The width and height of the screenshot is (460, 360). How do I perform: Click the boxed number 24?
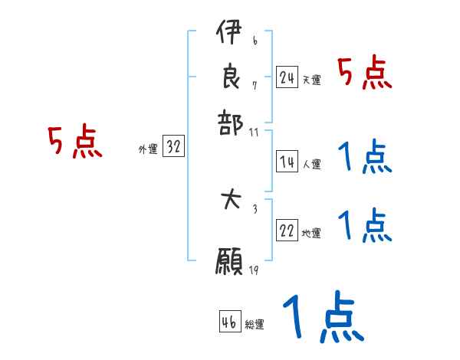(287, 77)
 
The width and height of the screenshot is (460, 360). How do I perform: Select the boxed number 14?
(287, 162)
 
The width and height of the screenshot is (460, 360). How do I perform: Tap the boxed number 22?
(287, 231)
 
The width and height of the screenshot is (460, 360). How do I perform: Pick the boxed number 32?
(173, 148)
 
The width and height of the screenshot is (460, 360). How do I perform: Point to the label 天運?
(311, 80)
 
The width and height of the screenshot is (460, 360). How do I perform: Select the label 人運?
(311, 164)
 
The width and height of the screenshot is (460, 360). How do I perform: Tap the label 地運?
(311, 234)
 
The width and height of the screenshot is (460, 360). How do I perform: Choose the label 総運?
(255, 325)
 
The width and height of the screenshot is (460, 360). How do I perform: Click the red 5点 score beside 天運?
(365, 74)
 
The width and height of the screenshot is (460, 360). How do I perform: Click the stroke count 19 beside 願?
(254, 270)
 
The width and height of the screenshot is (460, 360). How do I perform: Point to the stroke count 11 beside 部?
(254, 132)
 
